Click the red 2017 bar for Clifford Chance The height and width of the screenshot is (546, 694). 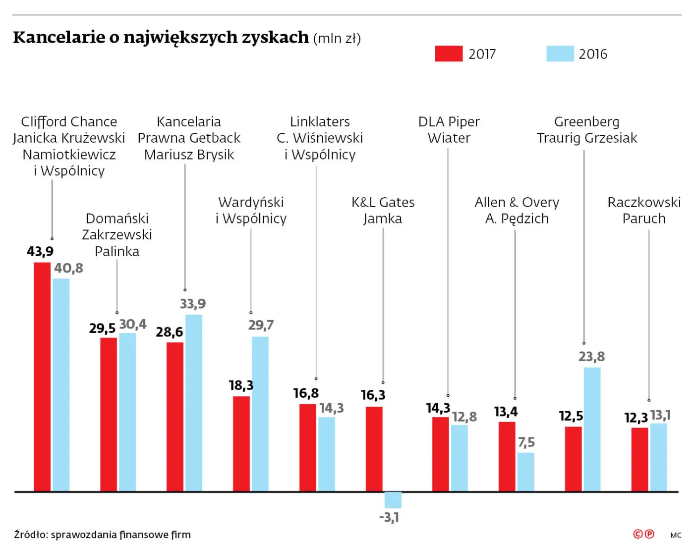42,377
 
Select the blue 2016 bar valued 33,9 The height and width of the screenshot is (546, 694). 194,402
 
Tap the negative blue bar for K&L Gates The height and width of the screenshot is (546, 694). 393,499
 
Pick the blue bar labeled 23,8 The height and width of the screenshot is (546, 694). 592,429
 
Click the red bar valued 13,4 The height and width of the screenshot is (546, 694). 507,456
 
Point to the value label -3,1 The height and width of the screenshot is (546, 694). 389,518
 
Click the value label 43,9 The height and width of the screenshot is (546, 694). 40,252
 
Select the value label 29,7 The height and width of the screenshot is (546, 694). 261,326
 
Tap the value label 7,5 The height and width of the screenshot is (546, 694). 526,442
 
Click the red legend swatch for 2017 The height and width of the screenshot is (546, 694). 449,54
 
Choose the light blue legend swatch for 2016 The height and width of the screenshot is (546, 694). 560,54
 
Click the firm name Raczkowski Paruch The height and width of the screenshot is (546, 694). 644,210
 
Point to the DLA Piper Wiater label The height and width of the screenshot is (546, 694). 449,130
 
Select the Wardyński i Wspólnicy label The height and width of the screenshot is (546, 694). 251,210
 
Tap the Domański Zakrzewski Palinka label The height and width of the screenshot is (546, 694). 117,235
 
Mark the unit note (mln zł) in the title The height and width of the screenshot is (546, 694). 337,39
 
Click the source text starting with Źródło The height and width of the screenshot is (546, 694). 103,535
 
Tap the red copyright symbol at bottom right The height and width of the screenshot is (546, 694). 638,534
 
